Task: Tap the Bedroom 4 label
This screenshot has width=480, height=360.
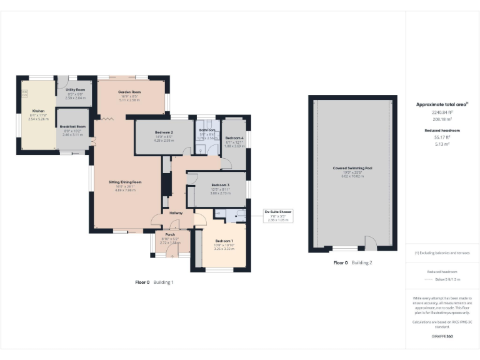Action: [234, 137]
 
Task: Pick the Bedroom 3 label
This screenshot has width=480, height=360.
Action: [220, 185]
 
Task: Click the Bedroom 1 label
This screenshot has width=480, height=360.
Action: [224, 241]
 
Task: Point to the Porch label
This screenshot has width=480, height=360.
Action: [170, 234]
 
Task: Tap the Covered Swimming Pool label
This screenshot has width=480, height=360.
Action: [352, 168]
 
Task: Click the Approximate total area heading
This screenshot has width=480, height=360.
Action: [442, 104]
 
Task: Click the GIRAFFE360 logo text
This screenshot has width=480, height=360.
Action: [441, 337]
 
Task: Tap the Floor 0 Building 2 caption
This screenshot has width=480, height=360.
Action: [353, 263]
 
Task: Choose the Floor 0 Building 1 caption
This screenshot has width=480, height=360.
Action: [154, 282]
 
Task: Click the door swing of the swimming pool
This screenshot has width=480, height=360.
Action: [370, 242]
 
